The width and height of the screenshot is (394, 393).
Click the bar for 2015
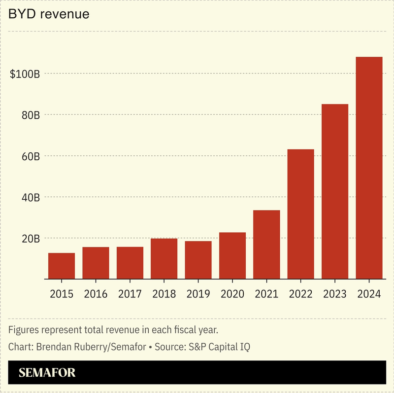click(x=62, y=266)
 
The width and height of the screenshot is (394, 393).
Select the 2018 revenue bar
click(x=164, y=259)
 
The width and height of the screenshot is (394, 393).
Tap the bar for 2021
click(x=266, y=245)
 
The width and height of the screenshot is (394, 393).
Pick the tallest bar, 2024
click(x=369, y=168)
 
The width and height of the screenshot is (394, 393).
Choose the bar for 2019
click(x=198, y=260)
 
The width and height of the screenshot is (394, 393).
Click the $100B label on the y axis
click(x=25, y=74)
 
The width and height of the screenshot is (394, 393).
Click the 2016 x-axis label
click(x=96, y=294)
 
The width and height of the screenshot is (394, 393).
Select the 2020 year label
click(x=232, y=294)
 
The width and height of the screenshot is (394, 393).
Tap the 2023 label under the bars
click(x=335, y=294)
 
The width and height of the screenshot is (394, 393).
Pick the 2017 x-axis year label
click(x=130, y=294)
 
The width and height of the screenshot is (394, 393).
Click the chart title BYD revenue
click(x=49, y=14)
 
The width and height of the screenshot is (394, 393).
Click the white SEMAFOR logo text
click(x=47, y=373)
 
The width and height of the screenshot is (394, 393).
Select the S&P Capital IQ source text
click(x=217, y=347)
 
